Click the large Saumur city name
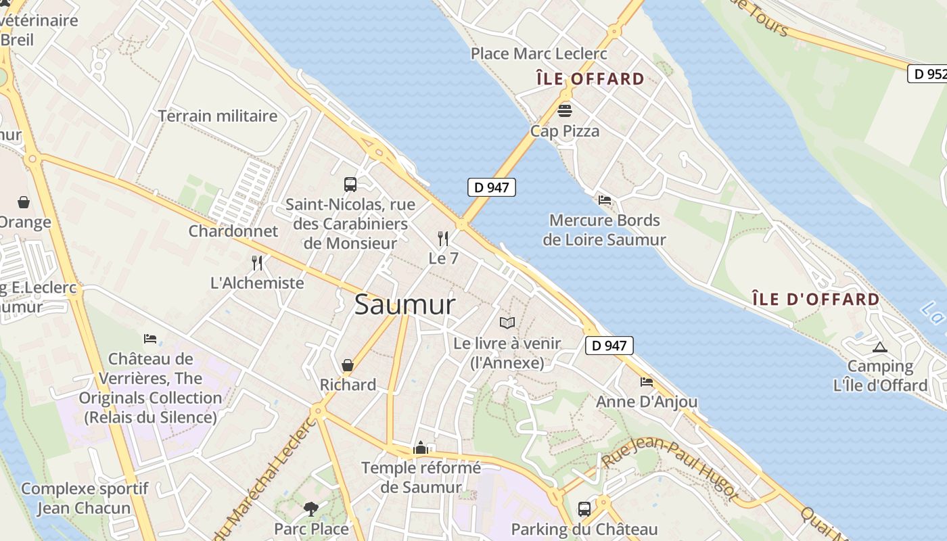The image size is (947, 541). click(x=405, y=305)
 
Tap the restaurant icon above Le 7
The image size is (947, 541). click(x=443, y=239)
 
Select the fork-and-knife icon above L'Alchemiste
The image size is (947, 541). click(x=257, y=263)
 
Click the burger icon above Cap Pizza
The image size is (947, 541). click(x=565, y=110)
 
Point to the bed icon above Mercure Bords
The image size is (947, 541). click(x=605, y=199)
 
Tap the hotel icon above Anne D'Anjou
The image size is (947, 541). click(x=647, y=382)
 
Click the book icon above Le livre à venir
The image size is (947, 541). click(x=507, y=323)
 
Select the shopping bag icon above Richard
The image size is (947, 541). click(x=348, y=366)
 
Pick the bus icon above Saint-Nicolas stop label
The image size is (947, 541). click(x=350, y=184)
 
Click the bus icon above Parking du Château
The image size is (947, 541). click(x=584, y=509)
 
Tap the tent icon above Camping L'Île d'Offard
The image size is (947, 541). click(x=879, y=348)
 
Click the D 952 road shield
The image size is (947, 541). click(x=927, y=74)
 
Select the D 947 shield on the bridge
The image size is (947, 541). click(x=492, y=187)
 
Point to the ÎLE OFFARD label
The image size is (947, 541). click(x=590, y=79)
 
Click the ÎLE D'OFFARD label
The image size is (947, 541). click(x=816, y=299)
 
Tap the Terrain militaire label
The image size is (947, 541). click(x=218, y=116)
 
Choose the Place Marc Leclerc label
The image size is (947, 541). click(x=539, y=53)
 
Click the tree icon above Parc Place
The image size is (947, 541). click(x=311, y=509)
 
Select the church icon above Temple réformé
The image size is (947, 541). click(x=421, y=448)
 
